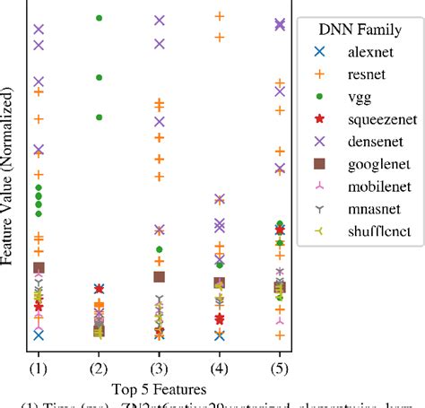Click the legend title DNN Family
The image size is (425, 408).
(360, 30)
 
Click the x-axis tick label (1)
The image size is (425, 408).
(39, 368)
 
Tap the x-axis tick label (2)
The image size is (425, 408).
(99, 368)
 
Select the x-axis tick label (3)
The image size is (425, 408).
(159, 368)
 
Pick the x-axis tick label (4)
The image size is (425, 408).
(219, 368)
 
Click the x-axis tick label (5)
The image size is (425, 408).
(279, 368)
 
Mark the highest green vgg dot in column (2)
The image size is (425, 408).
(99, 18)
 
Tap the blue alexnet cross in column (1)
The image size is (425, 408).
(39, 334)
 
